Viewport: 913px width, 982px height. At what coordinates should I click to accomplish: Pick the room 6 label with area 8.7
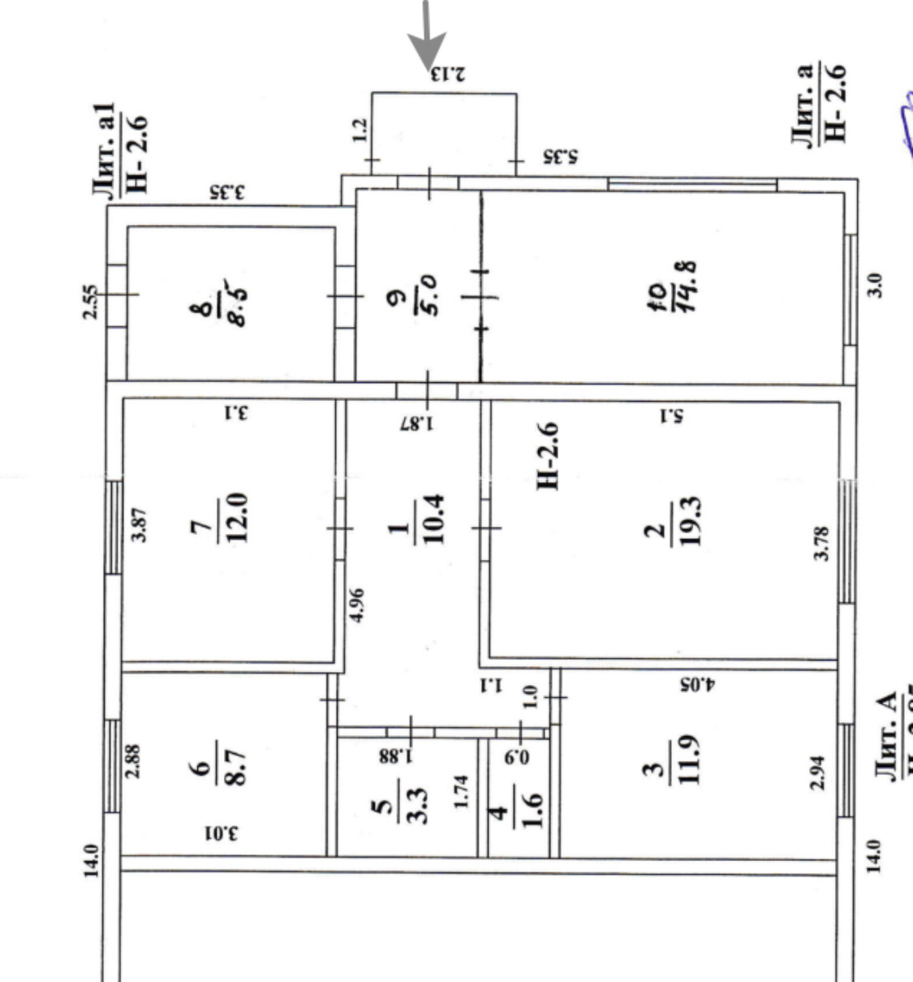pyautogui.click(x=219, y=767)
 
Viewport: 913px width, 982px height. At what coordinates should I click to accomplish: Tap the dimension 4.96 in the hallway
pyautogui.click(x=357, y=605)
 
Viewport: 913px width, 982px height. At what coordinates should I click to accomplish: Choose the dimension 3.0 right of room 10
pyautogui.click(x=875, y=285)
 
